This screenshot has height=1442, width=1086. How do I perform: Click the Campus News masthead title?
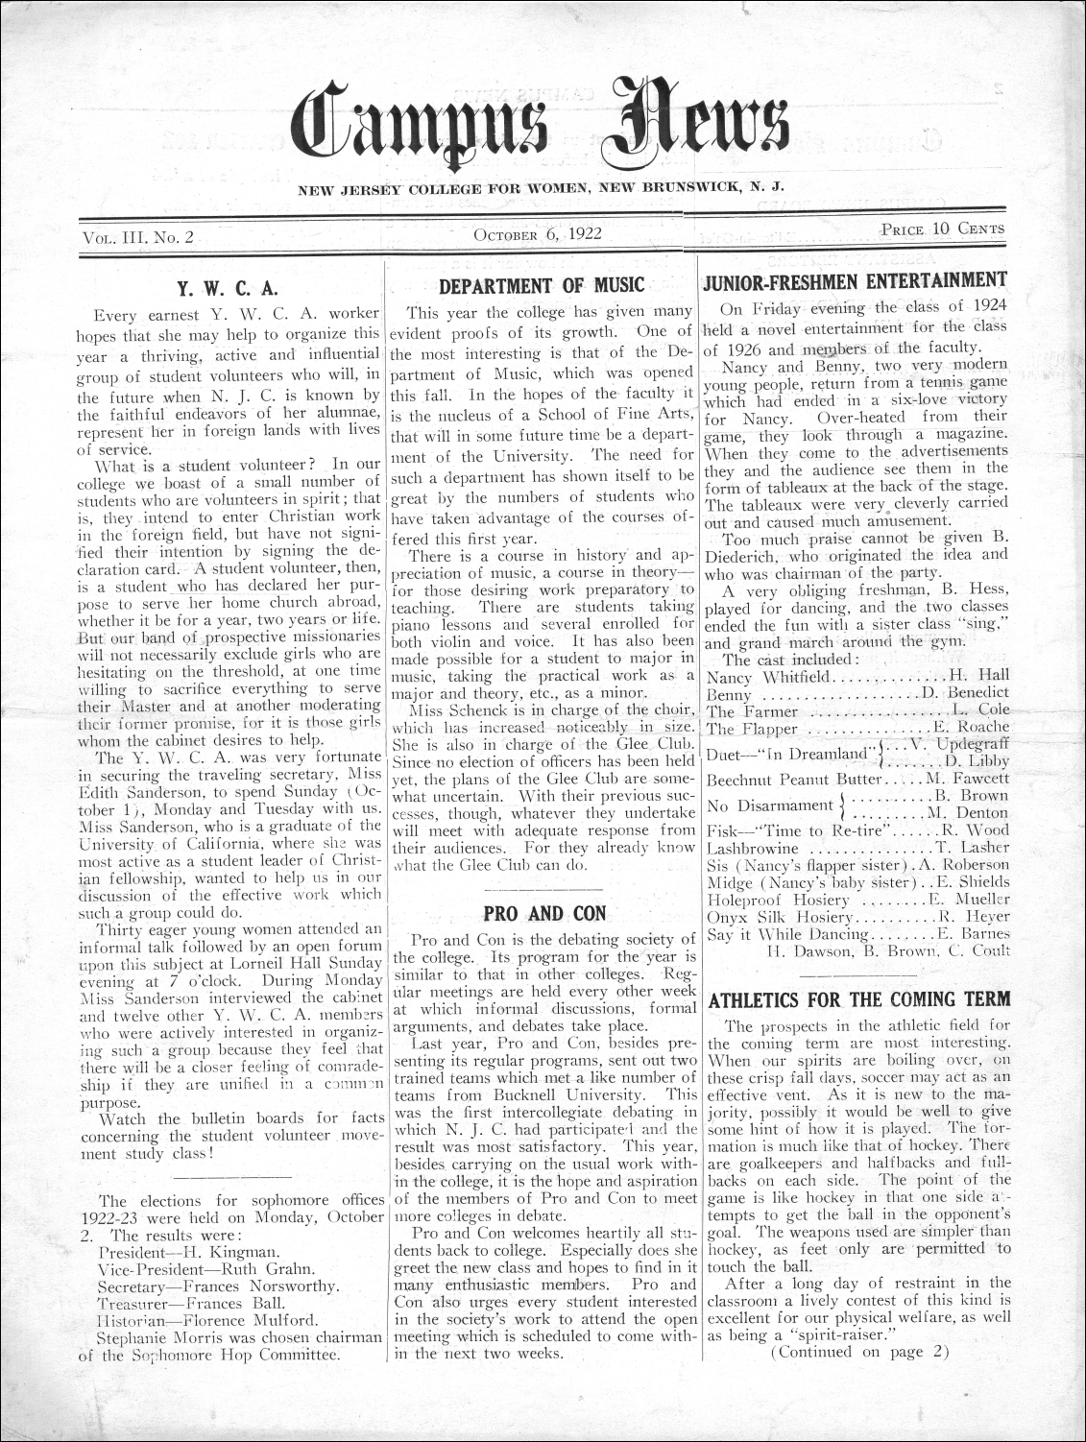[543, 126]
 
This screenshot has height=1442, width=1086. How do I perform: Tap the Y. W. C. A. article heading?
[229, 286]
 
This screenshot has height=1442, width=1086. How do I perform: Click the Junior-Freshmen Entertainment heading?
[856, 280]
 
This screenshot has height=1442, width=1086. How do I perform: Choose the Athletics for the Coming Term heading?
[857, 998]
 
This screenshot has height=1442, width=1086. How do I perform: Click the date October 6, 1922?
[537, 234]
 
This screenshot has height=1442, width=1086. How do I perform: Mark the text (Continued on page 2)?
[859, 1351]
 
